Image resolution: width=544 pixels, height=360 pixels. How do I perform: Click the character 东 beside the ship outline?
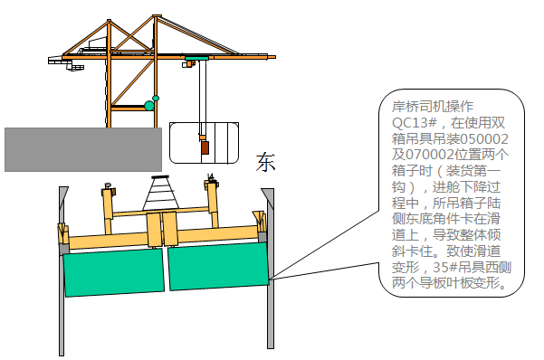pos(265,163)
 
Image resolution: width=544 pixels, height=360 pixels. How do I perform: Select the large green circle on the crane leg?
pos(149,106)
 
